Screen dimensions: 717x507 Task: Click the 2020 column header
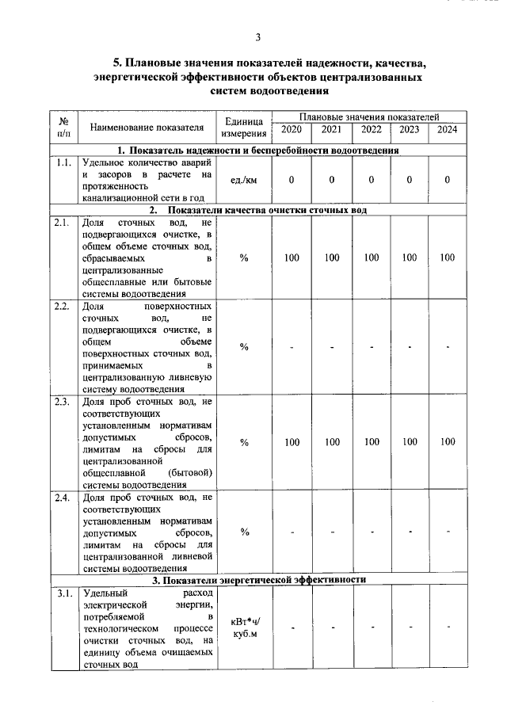(x=292, y=130)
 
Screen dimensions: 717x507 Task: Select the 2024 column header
(x=448, y=130)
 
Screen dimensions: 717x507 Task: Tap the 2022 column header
(x=371, y=130)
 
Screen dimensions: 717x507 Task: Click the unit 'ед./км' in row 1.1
(x=244, y=180)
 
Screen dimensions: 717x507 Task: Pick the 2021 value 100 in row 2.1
(x=332, y=257)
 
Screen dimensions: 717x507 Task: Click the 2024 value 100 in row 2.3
(x=448, y=442)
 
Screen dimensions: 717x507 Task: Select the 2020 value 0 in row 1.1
(x=292, y=180)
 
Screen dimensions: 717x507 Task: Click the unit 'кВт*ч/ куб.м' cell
(x=244, y=627)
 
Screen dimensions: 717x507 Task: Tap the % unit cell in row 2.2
(x=244, y=347)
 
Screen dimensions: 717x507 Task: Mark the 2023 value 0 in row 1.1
(x=410, y=180)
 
